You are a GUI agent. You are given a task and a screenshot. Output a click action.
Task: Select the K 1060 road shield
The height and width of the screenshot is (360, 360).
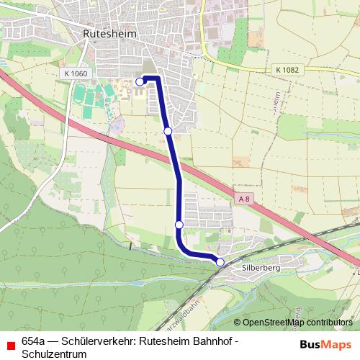pos(74,73)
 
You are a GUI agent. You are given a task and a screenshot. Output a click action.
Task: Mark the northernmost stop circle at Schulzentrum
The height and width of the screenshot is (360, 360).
pos(140,81)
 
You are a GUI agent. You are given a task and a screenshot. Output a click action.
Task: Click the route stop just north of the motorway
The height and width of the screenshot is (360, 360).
pos(168,131)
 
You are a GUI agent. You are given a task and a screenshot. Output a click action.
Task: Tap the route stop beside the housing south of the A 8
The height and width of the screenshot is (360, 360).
pos(179,225)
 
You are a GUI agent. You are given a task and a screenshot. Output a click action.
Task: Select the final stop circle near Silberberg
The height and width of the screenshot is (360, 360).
pos(220,262)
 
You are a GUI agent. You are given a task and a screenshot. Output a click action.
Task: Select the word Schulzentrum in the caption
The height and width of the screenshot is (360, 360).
pos(54,354)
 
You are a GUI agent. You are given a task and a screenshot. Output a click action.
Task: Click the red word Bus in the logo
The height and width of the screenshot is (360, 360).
pos(311,344)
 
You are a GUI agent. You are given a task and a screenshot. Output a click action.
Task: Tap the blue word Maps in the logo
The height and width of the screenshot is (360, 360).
pos(337,344)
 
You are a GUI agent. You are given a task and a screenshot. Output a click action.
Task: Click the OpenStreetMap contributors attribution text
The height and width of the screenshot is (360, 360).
pos(297,322)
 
